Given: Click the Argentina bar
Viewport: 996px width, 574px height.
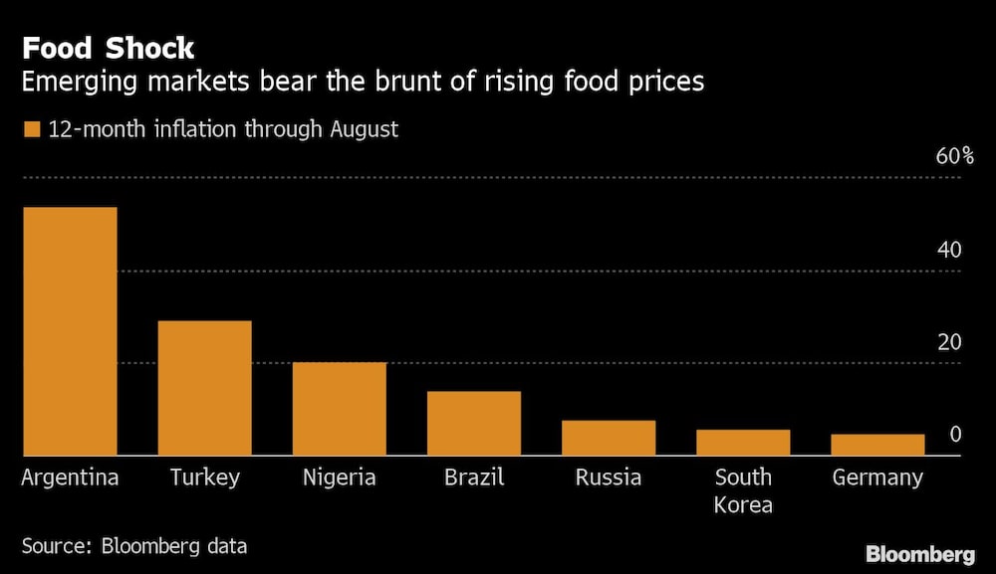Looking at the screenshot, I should (x=70, y=331).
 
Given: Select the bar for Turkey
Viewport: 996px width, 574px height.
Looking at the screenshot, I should (x=204, y=388).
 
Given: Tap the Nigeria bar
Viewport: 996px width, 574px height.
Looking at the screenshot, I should (x=339, y=409).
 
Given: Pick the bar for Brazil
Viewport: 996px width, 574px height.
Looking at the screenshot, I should (x=473, y=424).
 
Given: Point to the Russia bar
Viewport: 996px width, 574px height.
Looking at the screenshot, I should (x=609, y=438).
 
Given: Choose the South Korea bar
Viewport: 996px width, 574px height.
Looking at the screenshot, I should (x=743, y=443).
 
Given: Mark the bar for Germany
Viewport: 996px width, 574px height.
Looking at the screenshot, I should (x=877, y=445).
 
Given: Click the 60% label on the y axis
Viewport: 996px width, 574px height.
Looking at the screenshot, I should (x=953, y=156).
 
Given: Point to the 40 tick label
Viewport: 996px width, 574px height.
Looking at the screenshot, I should (x=949, y=250).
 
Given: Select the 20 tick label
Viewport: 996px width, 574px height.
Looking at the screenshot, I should (x=949, y=342).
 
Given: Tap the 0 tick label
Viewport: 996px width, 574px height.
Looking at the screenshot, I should (x=955, y=435).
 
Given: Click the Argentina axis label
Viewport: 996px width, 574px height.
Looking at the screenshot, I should (x=70, y=478).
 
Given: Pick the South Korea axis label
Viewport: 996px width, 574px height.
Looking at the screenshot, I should (x=743, y=490).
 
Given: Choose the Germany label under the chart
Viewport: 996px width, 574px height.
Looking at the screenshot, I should (x=877, y=478).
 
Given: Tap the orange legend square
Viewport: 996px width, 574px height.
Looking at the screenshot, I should (x=31, y=129).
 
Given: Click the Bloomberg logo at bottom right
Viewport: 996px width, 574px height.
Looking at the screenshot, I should (x=919, y=554).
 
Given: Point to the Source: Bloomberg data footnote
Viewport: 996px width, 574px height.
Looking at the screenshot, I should (x=134, y=545).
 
